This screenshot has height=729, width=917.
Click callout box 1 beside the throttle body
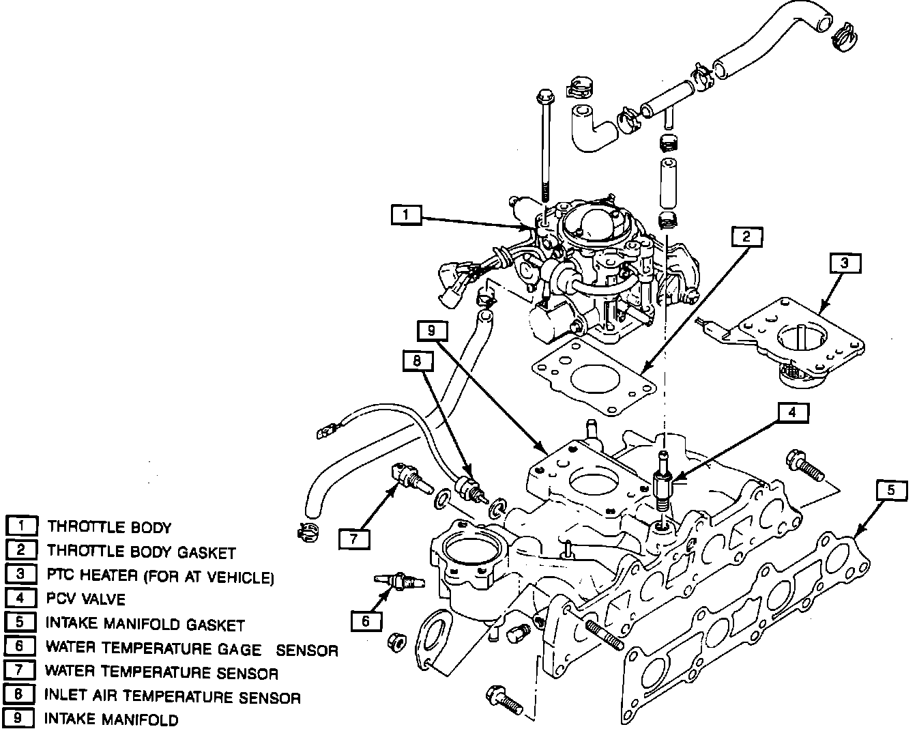407,215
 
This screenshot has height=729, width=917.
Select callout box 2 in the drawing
746,237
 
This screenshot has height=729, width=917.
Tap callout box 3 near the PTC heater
845,263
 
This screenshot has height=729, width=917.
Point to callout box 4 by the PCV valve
791,412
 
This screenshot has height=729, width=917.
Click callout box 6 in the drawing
366,620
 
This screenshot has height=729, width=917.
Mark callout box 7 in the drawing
354,539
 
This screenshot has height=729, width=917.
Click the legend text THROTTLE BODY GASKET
141,552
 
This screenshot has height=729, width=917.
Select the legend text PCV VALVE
86,599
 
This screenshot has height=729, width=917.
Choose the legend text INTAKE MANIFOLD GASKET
145,624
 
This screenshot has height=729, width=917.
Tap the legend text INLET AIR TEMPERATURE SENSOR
173,697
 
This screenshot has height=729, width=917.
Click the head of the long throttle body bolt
544,95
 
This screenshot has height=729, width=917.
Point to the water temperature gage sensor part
399,582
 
